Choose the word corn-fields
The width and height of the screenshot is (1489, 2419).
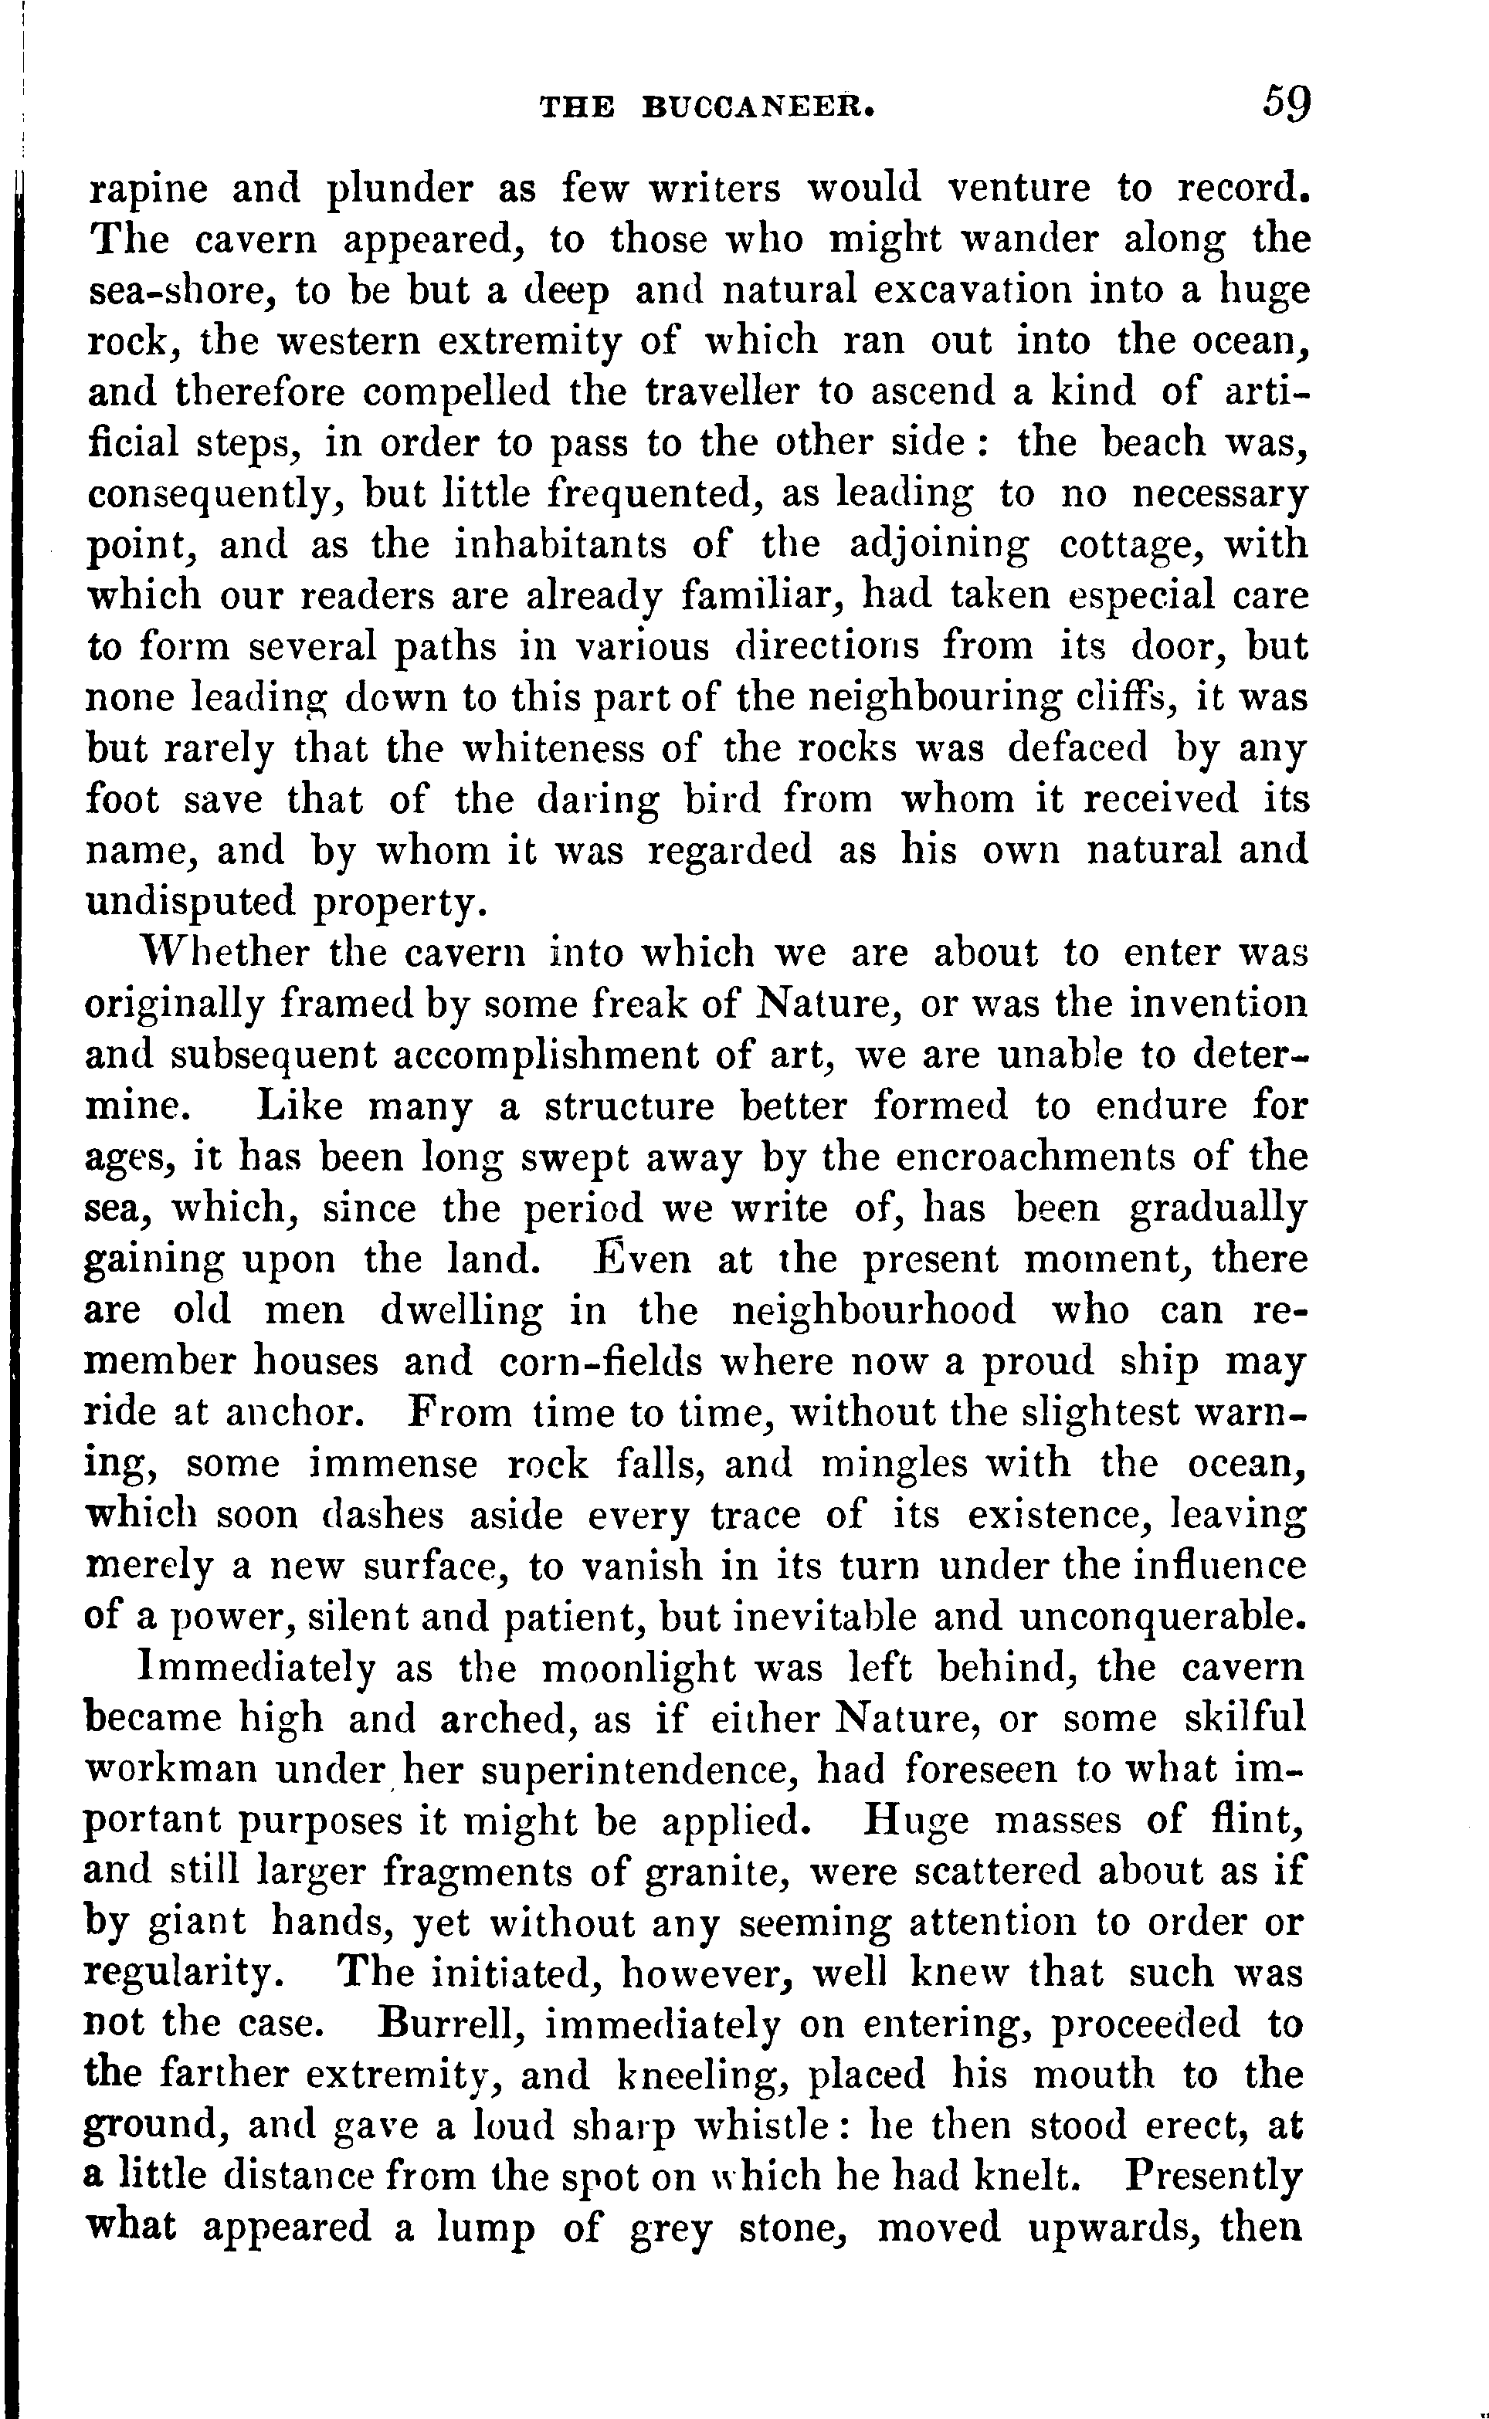click(601, 1362)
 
